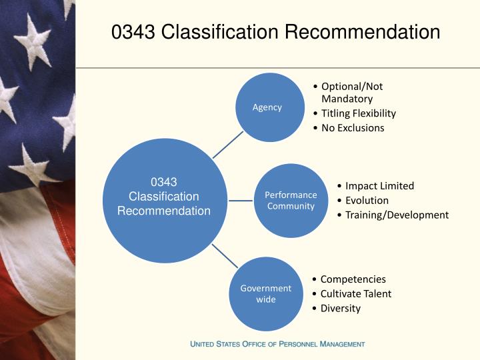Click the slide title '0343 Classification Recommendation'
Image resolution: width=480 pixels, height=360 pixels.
point(275,32)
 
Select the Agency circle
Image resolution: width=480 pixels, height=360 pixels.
point(267,107)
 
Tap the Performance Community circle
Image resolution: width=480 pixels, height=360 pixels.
point(290,201)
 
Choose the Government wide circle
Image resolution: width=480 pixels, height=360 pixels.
point(265,294)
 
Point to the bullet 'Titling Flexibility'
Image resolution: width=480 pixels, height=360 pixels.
point(358,113)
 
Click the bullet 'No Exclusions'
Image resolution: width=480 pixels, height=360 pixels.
point(353,128)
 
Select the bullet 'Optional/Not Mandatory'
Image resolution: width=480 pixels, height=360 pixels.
point(351,93)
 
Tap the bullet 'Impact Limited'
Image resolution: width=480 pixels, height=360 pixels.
point(379,186)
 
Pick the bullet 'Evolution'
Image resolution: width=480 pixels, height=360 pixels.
point(367,201)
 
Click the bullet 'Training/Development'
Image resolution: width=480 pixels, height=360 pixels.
point(397,215)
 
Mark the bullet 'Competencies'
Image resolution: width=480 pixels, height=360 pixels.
point(353,279)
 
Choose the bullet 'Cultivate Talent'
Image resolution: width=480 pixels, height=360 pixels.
point(355,294)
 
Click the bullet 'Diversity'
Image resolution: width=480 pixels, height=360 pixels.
point(340,308)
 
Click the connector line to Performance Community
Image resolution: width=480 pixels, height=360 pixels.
point(239,199)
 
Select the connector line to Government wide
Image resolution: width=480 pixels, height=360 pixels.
point(225,257)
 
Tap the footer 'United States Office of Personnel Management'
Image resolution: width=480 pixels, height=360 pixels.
point(277,344)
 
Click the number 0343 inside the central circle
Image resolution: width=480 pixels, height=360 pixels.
point(164,182)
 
